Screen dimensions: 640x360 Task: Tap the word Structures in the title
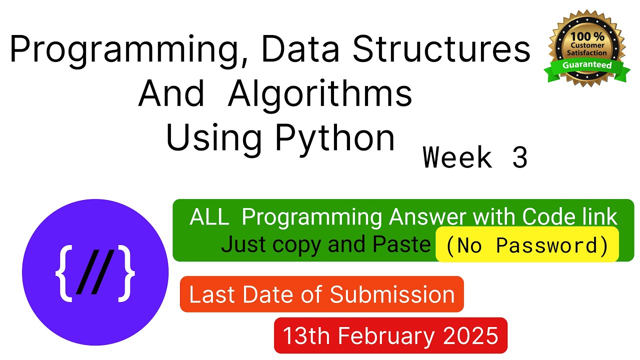pos(441,48)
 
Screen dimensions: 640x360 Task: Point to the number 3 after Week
pos(519,157)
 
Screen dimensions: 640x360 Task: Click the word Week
pos(457,156)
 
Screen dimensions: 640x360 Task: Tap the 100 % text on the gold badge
pos(587,36)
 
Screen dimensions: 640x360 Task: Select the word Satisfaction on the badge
pos(587,53)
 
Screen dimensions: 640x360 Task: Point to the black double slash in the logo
pos(95,272)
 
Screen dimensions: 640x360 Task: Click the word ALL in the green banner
pos(209,217)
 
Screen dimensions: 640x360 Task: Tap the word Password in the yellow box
pos(546,245)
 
